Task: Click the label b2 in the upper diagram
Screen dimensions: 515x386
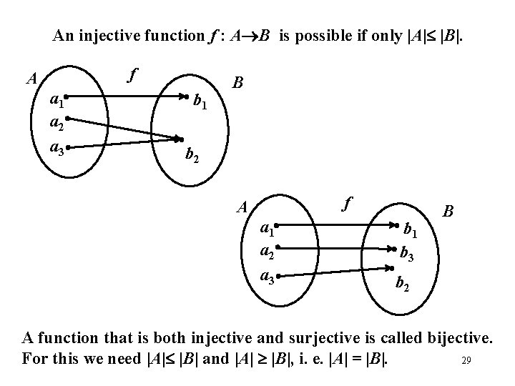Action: [192, 153]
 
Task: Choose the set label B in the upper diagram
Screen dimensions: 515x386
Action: [239, 82]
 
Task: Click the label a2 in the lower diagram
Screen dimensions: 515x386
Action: [268, 253]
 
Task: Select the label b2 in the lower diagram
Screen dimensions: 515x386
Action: [403, 285]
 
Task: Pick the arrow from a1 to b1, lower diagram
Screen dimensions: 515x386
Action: [336, 226]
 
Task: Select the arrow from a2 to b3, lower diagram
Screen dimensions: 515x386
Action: [336, 249]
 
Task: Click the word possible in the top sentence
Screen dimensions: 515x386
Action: [322, 35]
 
